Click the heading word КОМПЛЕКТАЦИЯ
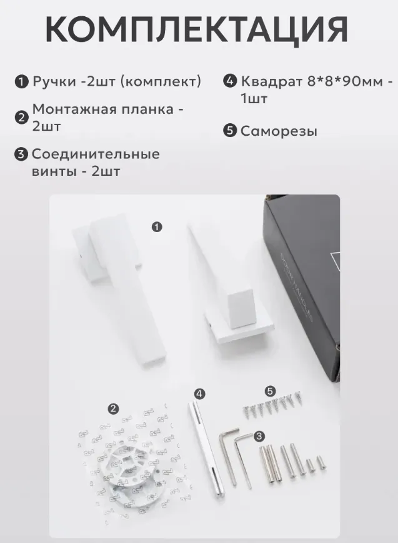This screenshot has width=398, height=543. [196, 29]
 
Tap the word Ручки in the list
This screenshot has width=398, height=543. [54, 82]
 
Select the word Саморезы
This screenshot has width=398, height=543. [279, 131]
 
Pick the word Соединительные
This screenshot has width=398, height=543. [96, 155]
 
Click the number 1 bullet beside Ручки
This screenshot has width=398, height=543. [21, 82]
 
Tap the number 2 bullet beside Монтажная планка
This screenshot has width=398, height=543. [21, 118]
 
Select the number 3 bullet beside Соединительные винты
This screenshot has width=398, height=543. [21, 154]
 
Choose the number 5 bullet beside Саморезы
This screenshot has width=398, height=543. [230, 131]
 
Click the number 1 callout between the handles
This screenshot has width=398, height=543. [157, 227]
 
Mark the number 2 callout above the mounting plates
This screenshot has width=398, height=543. [114, 409]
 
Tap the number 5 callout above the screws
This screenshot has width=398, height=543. [270, 392]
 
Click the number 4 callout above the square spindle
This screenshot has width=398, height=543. [199, 393]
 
